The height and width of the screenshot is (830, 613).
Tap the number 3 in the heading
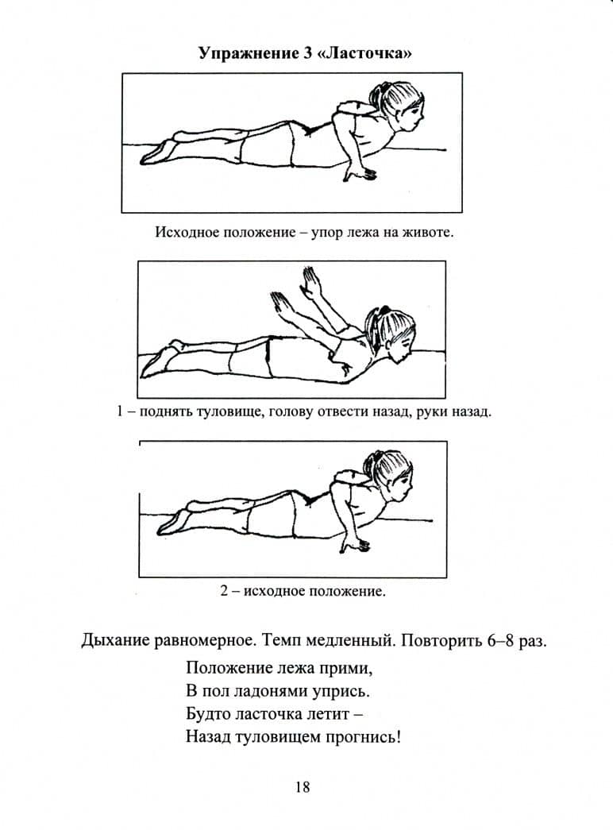(x=308, y=53)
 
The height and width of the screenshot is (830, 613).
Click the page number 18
(x=303, y=787)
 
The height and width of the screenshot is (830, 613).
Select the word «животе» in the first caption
(x=427, y=233)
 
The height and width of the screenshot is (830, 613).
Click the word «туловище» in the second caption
(x=231, y=412)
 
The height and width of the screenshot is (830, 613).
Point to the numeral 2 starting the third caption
(x=225, y=591)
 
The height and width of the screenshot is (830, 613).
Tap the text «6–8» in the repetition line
(x=498, y=640)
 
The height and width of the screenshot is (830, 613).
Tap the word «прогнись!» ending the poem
(x=363, y=737)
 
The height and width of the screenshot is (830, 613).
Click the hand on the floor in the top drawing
(x=360, y=172)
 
